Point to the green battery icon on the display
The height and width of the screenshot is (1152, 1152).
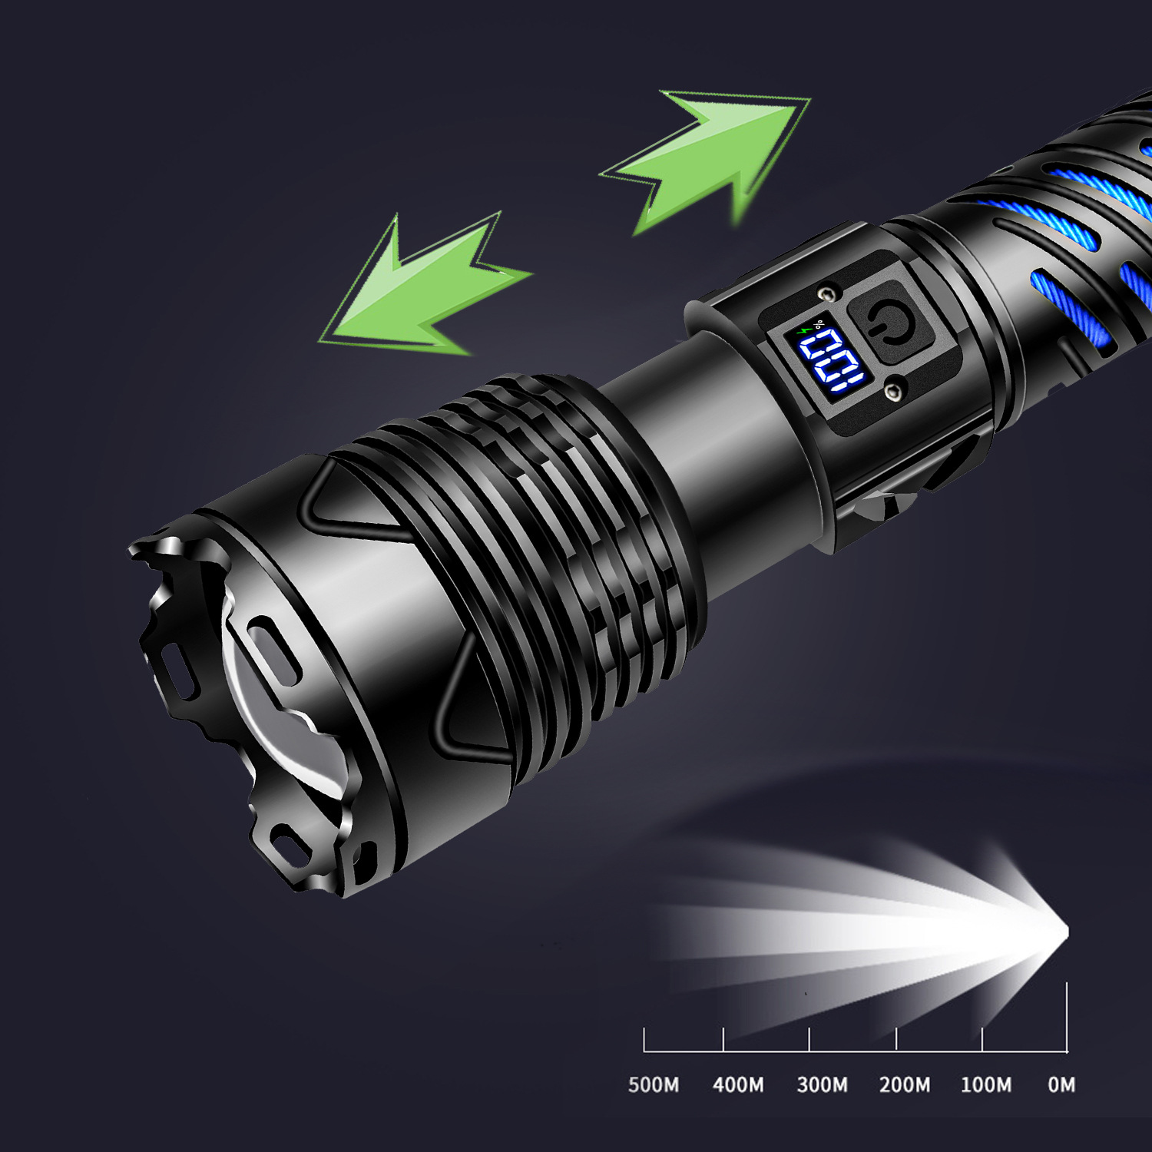pyautogui.click(x=804, y=330)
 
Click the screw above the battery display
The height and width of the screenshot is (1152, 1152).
pyautogui.click(x=827, y=293)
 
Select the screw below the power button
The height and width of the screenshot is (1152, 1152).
pyautogui.click(x=892, y=392)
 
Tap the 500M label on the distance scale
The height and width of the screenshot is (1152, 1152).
pyautogui.click(x=654, y=1084)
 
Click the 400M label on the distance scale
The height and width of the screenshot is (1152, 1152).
pyautogui.click(x=738, y=1084)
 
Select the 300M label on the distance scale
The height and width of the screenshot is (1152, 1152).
pyautogui.click(x=822, y=1084)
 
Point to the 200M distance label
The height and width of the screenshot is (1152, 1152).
pyautogui.click(x=905, y=1084)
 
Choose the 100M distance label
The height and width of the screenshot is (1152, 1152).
pyautogui.click(x=986, y=1084)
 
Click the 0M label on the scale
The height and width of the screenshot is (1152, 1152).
pyautogui.click(x=1061, y=1084)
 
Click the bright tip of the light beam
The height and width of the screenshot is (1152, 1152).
pyautogui.click(x=1064, y=932)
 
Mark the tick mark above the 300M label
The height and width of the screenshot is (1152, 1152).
pyautogui.click(x=809, y=1039)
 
